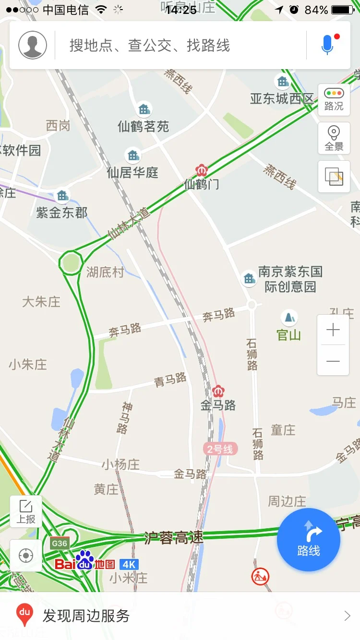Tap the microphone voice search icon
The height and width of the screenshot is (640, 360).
pyautogui.click(x=327, y=45)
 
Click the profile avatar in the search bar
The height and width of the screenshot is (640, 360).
pyautogui.click(x=33, y=45)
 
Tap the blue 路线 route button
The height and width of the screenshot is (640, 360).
pyautogui.click(x=309, y=540)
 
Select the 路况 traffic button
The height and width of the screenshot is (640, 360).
pyautogui.click(x=334, y=99)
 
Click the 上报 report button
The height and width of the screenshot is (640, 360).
pyautogui.click(x=26, y=511)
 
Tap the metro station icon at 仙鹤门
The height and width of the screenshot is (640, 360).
pyautogui.click(x=201, y=170)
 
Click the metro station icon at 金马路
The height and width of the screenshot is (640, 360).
pyautogui.click(x=218, y=391)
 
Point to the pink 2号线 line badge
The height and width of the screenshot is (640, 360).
pyautogui.click(x=220, y=449)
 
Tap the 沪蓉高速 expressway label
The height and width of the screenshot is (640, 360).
pyautogui.click(x=174, y=537)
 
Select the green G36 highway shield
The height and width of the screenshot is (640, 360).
pyautogui.click(x=60, y=543)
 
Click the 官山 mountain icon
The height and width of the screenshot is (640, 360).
pyautogui.click(x=289, y=317)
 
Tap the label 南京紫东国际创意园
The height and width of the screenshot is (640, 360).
pyautogui.click(x=290, y=279)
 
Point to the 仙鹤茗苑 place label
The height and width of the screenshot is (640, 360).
pyautogui.click(x=144, y=126)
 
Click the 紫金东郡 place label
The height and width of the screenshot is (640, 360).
pyautogui.click(x=62, y=212)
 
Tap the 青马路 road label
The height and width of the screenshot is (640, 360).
pyautogui.click(x=170, y=380)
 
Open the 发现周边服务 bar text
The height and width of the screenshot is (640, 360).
pyautogui.click(x=86, y=616)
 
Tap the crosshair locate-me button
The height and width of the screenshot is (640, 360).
pyautogui.click(x=26, y=556)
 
